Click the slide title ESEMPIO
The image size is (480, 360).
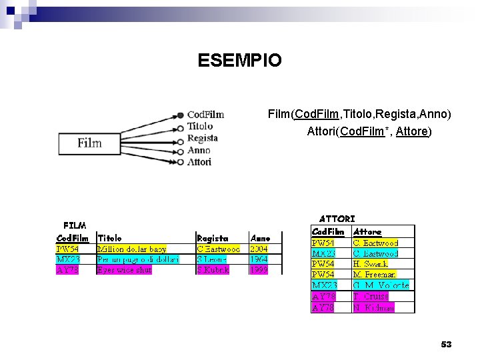(x=239, y=61)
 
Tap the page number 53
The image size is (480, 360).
(x=446, y=344)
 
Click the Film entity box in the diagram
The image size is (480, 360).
(x=90, y=143)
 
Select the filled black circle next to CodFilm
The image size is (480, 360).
(x=180, y=115)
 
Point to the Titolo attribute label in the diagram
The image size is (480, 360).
(x=200, y=125)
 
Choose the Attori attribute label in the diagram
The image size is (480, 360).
(x=199, y=162)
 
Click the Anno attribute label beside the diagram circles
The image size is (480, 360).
(x=199, y=150)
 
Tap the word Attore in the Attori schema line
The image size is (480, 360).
(x=411, y=131)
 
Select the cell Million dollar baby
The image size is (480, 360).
(x=131, y=249)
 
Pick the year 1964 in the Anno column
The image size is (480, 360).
(x=259, y=259)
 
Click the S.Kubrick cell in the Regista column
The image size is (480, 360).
(x=213, y=270)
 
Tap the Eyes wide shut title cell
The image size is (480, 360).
(x=125, y=270)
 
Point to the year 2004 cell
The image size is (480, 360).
(x=259, y=249)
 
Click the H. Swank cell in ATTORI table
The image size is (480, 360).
(x=371, y=264)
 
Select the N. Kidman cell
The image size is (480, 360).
(x=373, y=307)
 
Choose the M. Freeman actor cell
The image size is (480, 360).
(x=374, y=275)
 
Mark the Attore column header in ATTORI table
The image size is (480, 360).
(x=367, y=231)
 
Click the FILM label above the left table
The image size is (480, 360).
(x=75, y=225)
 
